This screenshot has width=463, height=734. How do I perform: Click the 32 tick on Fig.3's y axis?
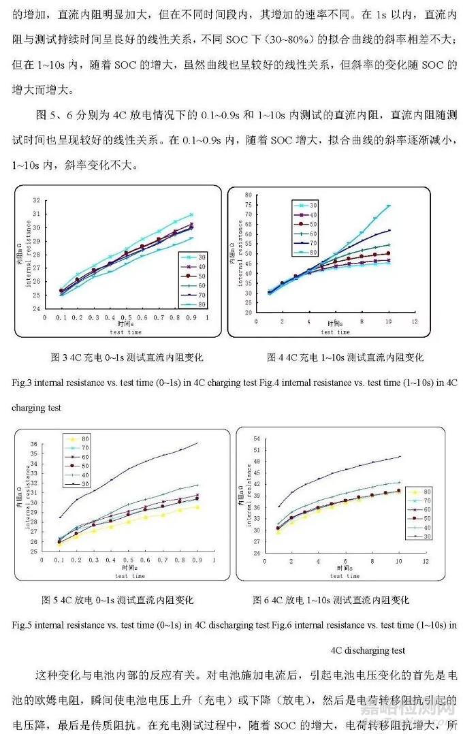pyautogui.click(x=36, y=201)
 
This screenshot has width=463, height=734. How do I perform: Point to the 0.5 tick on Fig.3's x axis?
pyautogui.click(x=127, y=317)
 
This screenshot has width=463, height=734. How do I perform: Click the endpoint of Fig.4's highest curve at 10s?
pyautogui.click(x=389, y=206)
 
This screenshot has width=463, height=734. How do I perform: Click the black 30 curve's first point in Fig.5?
pyautogui.click(x=60, y=517)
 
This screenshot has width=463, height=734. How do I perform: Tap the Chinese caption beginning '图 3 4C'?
pyautogui.click(x=127, y=357)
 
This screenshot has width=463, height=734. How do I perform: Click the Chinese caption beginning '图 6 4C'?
pyautogui.click(x=331, y=600)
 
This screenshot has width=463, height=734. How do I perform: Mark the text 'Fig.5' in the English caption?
pyautogui.click(x=22, y=624)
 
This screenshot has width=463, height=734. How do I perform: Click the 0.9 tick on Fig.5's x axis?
pyautogui.click(x=197, y=560)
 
